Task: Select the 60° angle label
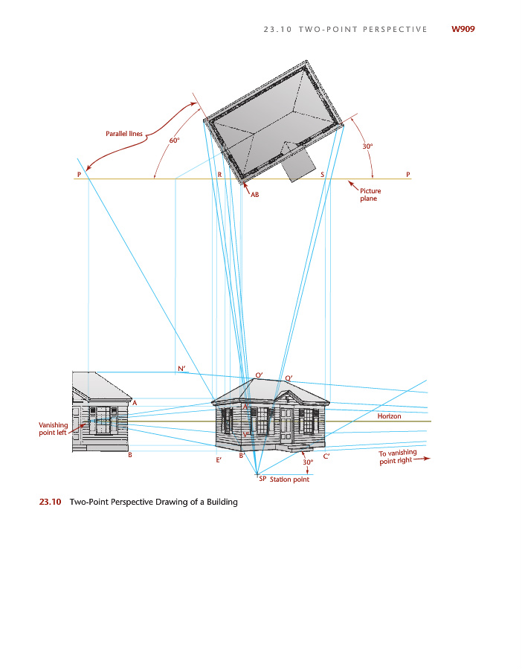point(174,140)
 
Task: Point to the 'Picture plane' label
point(370,195)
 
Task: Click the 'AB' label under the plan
point(254,194)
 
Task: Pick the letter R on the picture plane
point(220,174)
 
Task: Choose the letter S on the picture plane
point(322,174)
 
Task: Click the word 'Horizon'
point(389,416)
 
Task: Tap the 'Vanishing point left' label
point(54,429)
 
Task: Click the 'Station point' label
point(289,479)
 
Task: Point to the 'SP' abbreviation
point(262,479)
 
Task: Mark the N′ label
point(181,369)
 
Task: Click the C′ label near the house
point(326,456)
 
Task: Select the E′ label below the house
point(219,461)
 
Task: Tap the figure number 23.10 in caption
point(49,502)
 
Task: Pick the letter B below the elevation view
point(130,454)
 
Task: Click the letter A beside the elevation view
point(134,402)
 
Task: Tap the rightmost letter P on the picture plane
point(408,174)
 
